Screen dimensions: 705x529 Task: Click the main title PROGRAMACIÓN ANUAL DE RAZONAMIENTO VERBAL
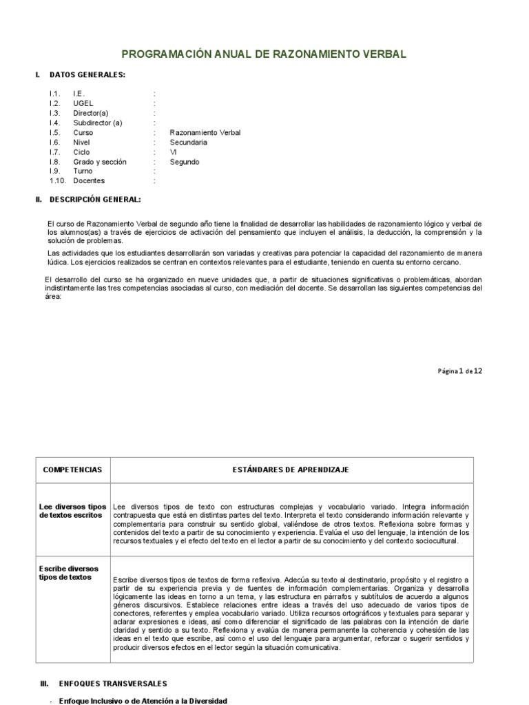coord(264,53)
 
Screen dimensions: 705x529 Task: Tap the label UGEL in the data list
coord(83,103)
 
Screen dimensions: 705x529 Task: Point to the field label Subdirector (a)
coord(97,123)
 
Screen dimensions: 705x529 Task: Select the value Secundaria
coord(188,143)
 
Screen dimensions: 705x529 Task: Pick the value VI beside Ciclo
coord(174,152)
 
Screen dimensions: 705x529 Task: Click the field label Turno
coord(83,171)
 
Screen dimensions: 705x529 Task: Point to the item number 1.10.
coord(57,181)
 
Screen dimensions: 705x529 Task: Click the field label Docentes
coord(89,181)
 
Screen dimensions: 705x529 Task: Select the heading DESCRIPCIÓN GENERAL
coord(95,200)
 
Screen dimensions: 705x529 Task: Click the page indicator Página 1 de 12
coord(460,370)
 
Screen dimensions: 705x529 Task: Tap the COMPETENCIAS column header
coord(72,470)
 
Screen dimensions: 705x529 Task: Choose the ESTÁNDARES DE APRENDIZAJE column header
coord(292,470)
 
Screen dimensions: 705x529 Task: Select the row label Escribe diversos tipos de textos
coord(69,573)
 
